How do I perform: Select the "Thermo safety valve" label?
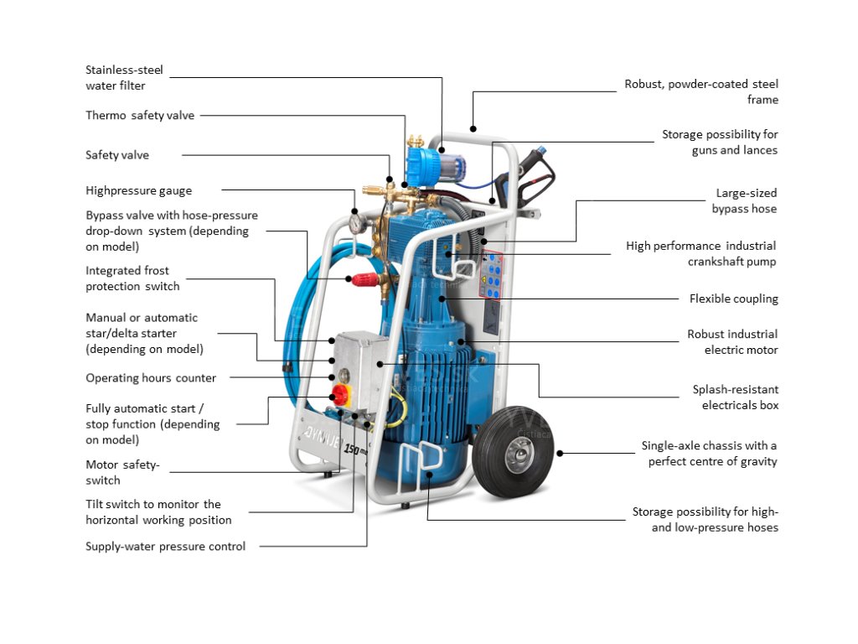140,115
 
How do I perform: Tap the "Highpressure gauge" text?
138,190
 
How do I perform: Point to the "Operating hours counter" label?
151,378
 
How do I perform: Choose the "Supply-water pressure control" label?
165,547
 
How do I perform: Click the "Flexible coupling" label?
733,299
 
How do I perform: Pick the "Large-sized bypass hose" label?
745,200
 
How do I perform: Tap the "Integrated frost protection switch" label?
132,278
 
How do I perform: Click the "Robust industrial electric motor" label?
731,342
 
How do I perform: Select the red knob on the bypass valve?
362,278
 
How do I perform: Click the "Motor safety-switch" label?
122,472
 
